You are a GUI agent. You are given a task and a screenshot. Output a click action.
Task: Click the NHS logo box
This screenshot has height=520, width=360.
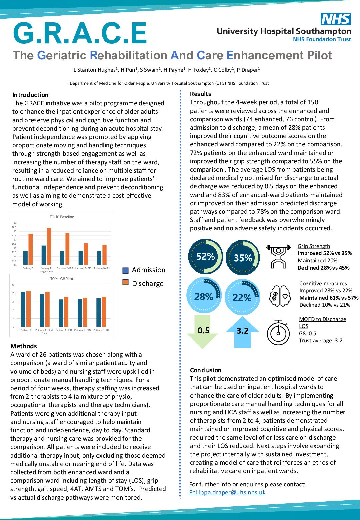pos(336,19)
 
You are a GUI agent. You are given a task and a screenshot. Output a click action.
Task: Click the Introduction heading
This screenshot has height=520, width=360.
pos(30,95)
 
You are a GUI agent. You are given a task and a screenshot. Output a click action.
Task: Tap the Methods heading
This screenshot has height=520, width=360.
pos(24,346)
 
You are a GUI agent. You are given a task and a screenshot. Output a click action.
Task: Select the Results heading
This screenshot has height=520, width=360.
pos(200,94)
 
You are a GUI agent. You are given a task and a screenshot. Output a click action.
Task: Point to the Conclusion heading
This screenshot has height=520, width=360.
pos(206,370)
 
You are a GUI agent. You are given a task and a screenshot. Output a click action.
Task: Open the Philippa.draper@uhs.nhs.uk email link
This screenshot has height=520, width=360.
pos(227,492)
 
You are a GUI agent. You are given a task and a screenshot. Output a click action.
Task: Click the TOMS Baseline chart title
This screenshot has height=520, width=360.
pos(62,217)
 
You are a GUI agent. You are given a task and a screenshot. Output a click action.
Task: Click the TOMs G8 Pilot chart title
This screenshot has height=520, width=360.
pos(62,279)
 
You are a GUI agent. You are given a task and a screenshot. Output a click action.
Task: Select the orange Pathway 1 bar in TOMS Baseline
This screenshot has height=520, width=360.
pos(49,246)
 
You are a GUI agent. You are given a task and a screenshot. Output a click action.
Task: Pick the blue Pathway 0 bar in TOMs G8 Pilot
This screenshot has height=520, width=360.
pos(23,309)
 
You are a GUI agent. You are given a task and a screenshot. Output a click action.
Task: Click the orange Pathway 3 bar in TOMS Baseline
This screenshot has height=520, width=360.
pos(104,255)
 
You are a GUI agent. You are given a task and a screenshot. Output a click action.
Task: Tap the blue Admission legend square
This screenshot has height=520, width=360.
pos(126,270)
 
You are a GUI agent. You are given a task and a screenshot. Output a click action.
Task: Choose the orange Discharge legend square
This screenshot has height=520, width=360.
pos(126,283)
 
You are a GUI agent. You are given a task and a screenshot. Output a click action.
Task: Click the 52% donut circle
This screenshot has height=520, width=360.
pos(205,256)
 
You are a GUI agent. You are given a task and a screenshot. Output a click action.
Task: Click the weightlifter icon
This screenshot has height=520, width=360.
pos(278,256)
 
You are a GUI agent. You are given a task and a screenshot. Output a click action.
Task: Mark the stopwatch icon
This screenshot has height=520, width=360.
pos(278,332)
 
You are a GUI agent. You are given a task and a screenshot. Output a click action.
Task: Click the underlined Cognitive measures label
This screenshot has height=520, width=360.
pos(323,283)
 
